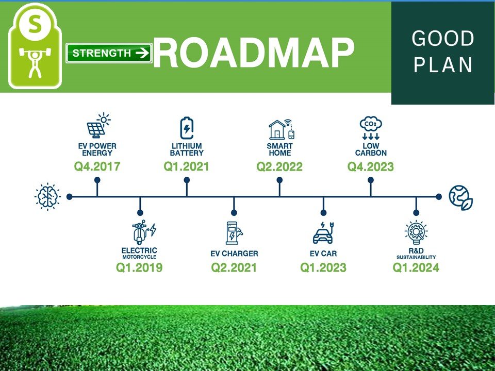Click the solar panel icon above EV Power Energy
[98, 125]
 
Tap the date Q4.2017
[97, 166]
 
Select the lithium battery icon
[187, 128]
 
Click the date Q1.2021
[187, 166]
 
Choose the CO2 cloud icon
[371, 129]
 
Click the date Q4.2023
[371, 166]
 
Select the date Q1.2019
[139, 267]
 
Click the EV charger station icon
[234, 233]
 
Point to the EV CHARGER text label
[234, 254]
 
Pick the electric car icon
[323, 233]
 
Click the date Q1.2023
[323, 267]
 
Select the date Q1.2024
[416, 267]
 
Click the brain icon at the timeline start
[47, 196]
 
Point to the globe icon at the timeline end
[460, 197]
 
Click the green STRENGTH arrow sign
[109, 53]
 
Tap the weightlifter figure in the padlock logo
[35, 62]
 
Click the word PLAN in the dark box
[443, 65]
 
